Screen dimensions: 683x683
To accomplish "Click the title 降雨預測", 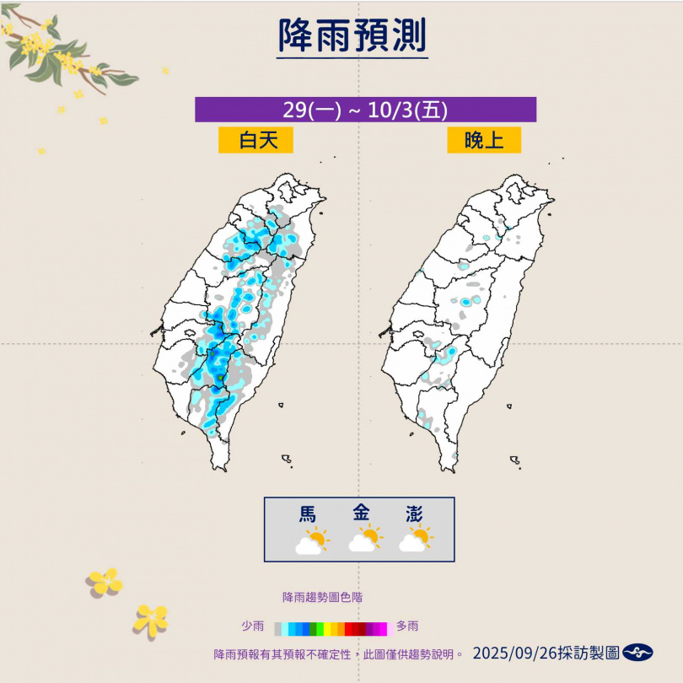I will (353, 35).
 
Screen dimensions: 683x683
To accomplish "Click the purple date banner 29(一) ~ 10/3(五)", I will (365, 110).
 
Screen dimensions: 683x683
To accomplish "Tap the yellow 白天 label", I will (256, 140).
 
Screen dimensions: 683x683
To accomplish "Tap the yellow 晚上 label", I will (484, 140).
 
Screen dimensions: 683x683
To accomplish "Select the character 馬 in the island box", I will (309, 513).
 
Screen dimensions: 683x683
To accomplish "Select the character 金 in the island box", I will (362, 513).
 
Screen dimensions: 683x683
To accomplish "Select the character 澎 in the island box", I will (413, 513).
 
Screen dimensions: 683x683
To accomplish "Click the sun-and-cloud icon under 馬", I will (311, 540).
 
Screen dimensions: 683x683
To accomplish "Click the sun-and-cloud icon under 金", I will (364, 540).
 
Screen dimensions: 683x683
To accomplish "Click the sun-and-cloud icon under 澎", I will (415, 540).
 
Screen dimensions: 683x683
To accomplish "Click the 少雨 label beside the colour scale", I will (252, 627).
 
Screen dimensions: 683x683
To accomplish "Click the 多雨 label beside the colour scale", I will (407, 627).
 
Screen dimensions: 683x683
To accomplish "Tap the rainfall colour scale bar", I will (331, 628).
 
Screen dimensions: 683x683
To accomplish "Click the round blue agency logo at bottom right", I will (637, 653).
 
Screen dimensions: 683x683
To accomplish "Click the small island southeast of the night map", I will (514, 460).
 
